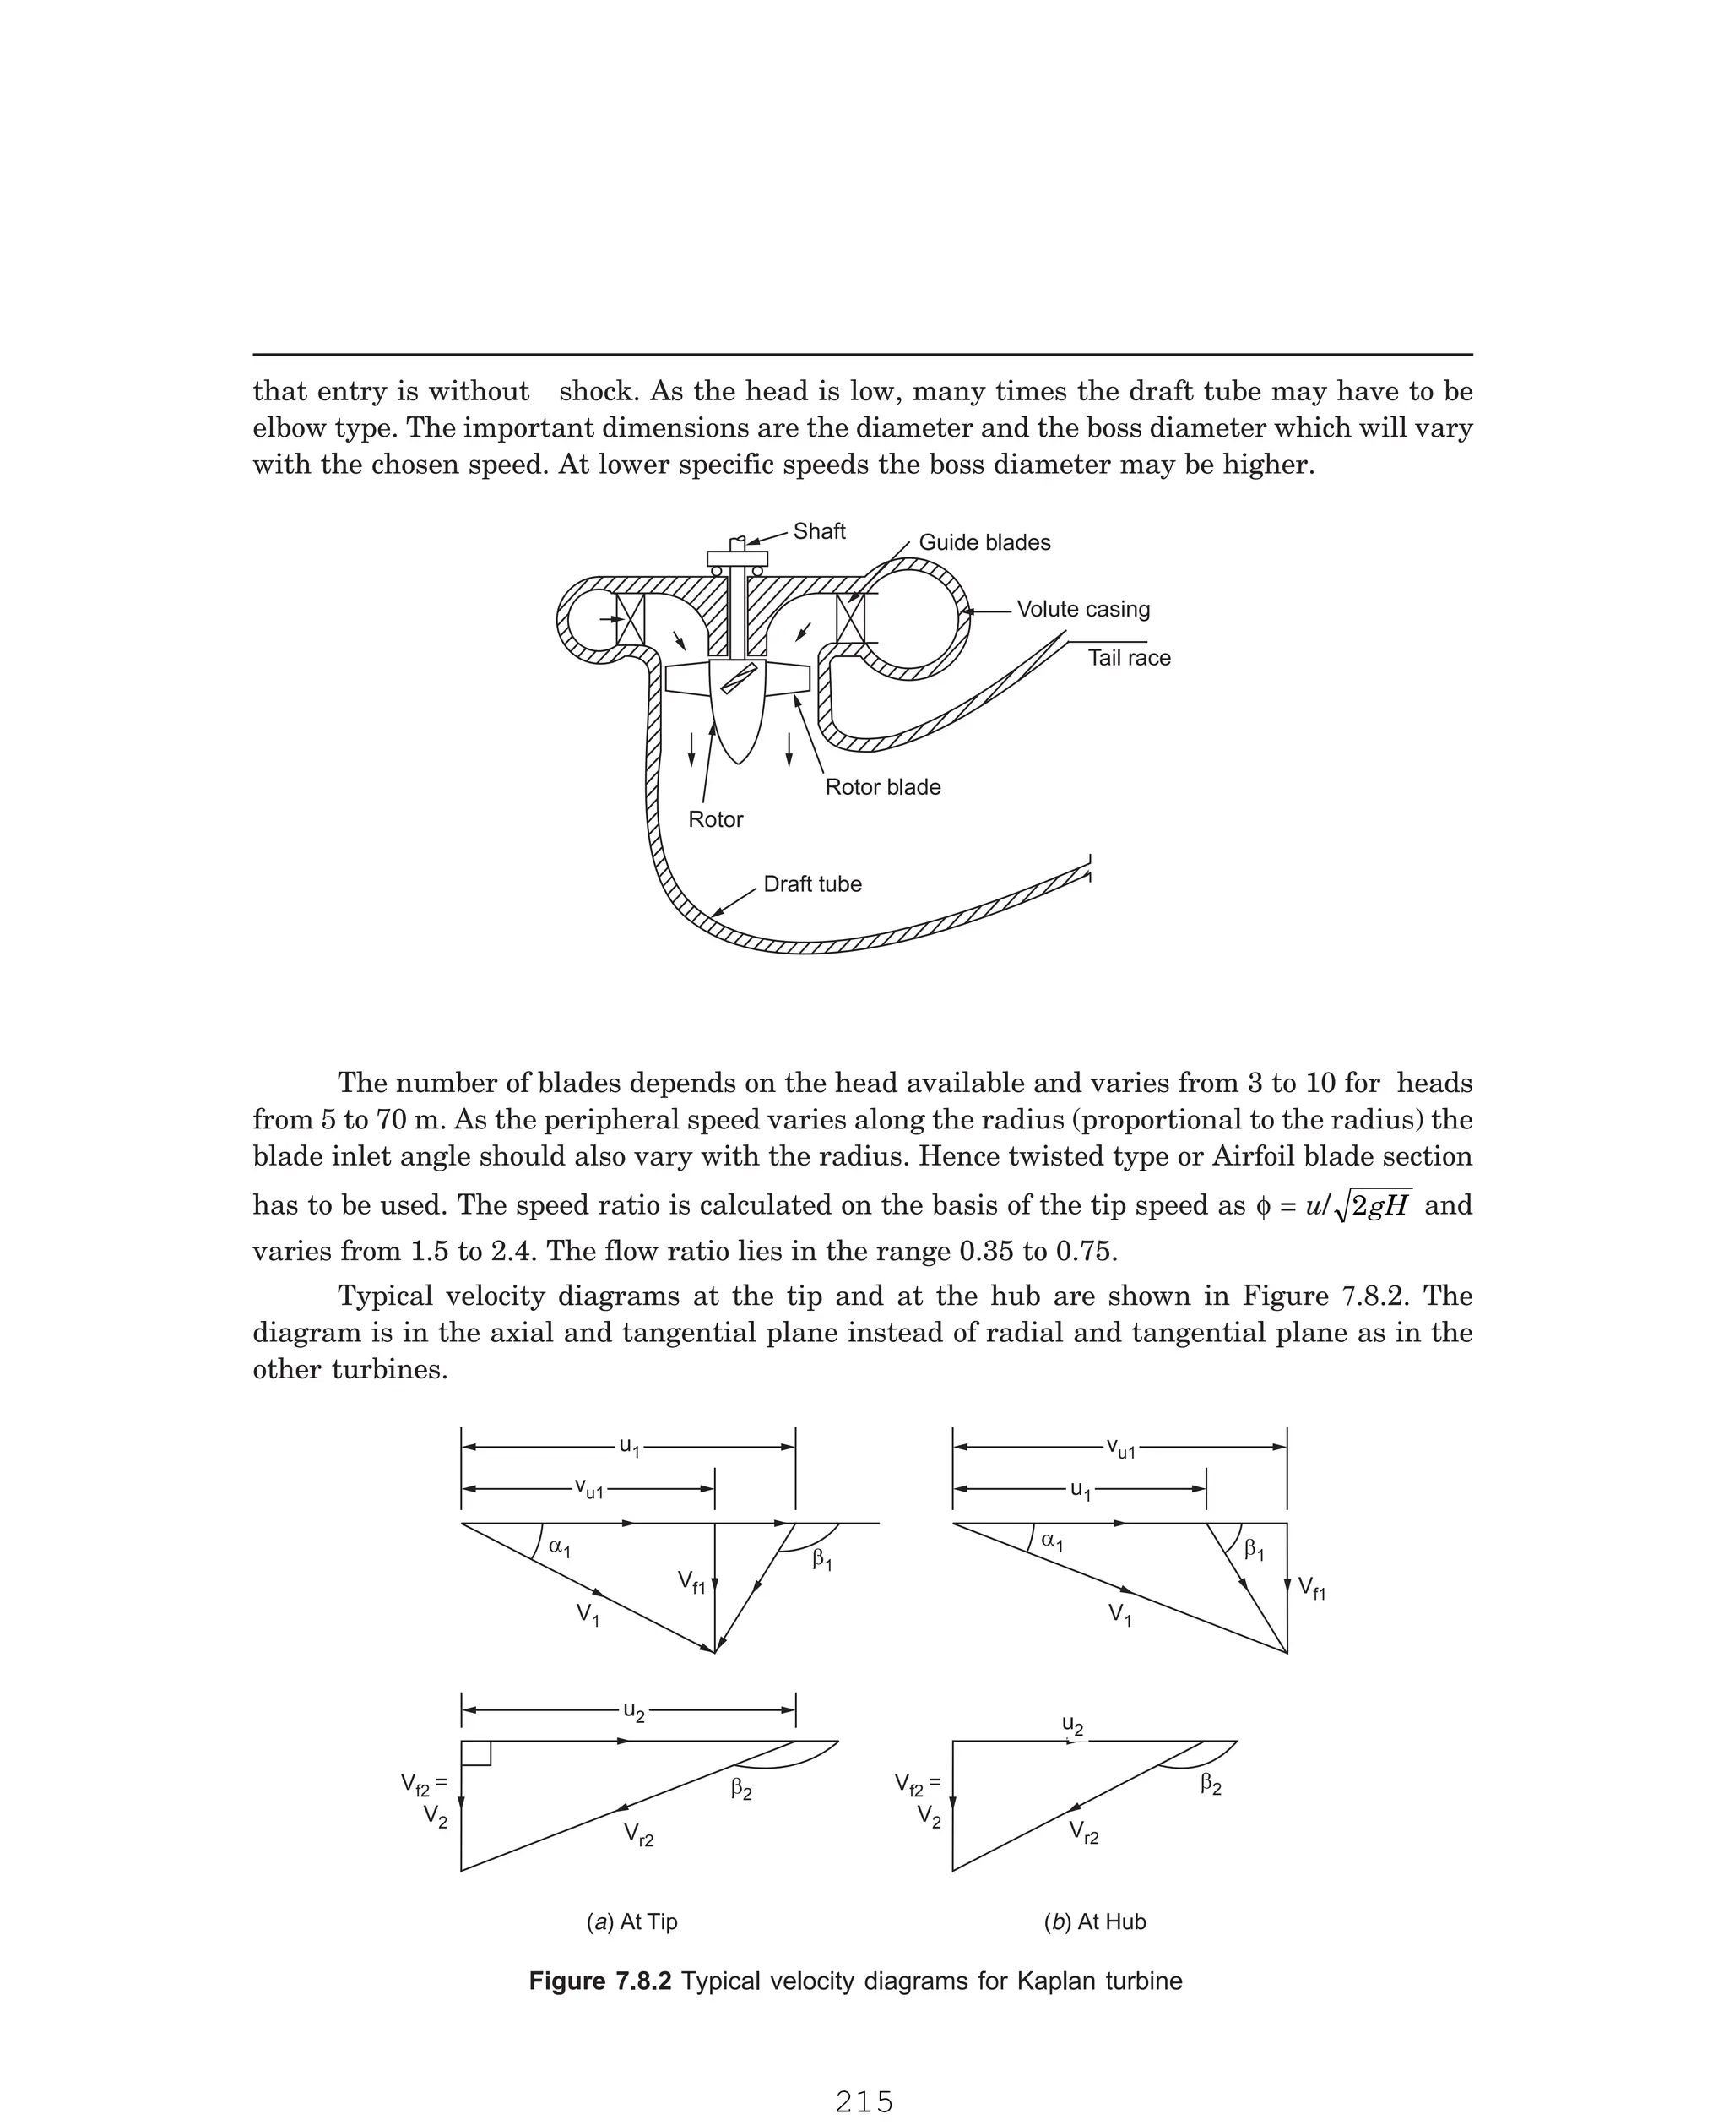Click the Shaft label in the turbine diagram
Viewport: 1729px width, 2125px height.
point(819,531)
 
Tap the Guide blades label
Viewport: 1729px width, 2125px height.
point(984,542)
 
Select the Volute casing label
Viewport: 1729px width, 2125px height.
point(1082,609)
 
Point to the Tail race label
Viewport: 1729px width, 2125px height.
point(1129,658)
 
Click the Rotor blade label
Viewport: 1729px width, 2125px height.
point(882,787)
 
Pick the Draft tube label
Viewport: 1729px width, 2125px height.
point(811,883)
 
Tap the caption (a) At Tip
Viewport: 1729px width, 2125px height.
point(632,1921)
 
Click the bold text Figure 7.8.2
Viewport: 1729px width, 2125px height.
point(599,1981)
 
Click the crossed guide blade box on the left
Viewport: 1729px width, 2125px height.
point(631,620)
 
